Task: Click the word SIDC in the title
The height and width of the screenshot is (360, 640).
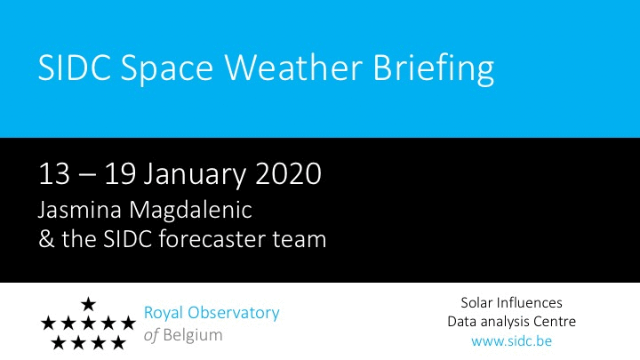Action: tap(75, 67)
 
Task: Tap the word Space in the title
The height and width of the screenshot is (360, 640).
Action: tap(167, 70)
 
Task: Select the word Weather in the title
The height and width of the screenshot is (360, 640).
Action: tap(294, 67)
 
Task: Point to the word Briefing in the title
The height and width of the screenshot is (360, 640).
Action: tap(434, 70)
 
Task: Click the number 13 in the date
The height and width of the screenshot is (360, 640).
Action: tap(54, 174)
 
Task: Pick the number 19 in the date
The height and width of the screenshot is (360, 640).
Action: tap(120, 174)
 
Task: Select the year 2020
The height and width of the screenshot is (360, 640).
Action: tap(289, 174)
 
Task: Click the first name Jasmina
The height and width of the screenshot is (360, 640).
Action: tap(80, 211)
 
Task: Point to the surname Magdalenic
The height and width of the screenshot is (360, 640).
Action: tap(191, 211)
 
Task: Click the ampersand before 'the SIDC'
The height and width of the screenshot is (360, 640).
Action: tap(46, 239)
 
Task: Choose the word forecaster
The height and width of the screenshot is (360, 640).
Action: tap(212, 238)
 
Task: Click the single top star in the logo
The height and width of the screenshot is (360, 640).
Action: tap(88, 304)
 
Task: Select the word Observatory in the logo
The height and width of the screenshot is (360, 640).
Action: tap(234, 314)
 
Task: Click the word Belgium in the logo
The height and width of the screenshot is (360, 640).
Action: tap(193, 336)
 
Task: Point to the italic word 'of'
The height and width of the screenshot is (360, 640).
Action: tap(151, 335)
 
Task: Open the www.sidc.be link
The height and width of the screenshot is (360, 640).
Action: tap(511, 340)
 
